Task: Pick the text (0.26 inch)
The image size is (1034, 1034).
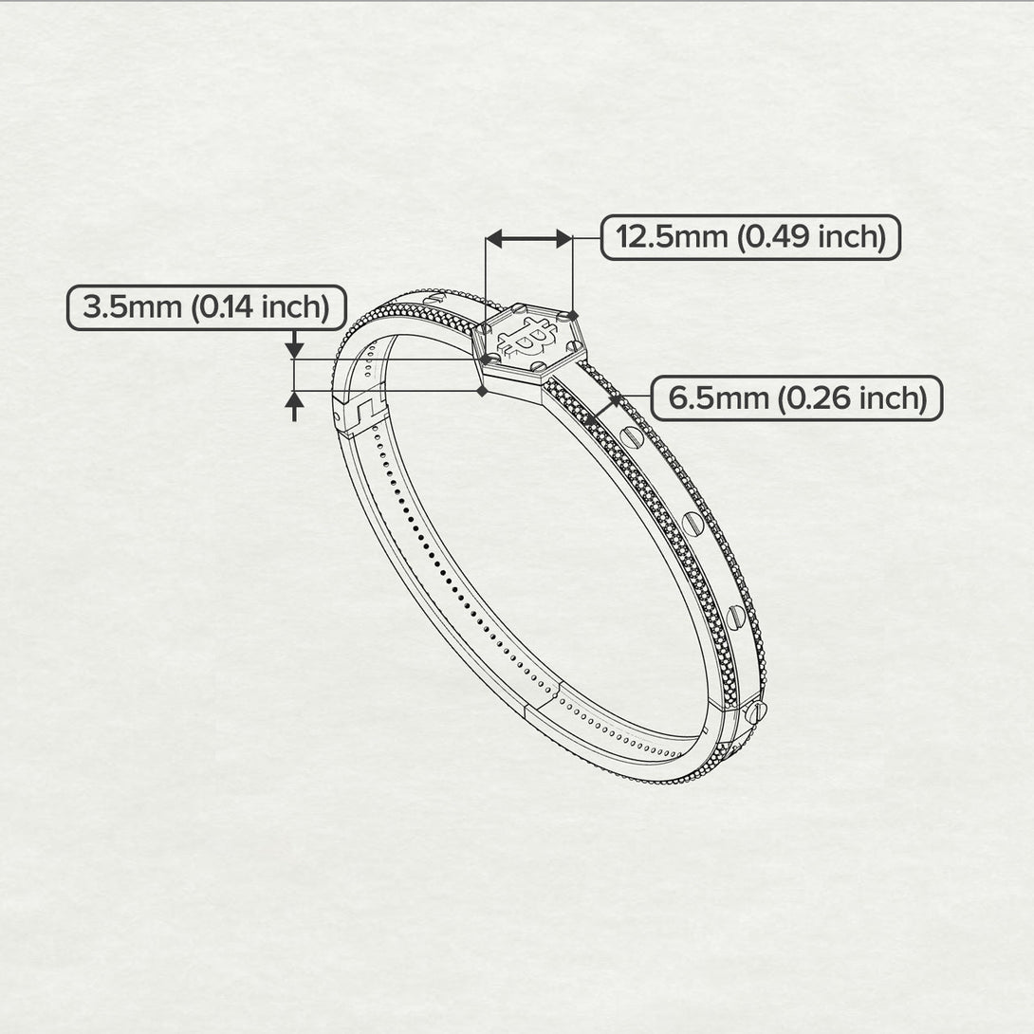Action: tap(852, 398)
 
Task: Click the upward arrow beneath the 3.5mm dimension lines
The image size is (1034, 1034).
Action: tap(295, 406)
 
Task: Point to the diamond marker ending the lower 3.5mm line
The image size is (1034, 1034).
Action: tap(482, 390)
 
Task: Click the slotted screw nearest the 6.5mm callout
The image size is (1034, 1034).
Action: tap(633, 436)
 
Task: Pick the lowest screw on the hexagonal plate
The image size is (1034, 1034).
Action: tap(537, 366)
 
